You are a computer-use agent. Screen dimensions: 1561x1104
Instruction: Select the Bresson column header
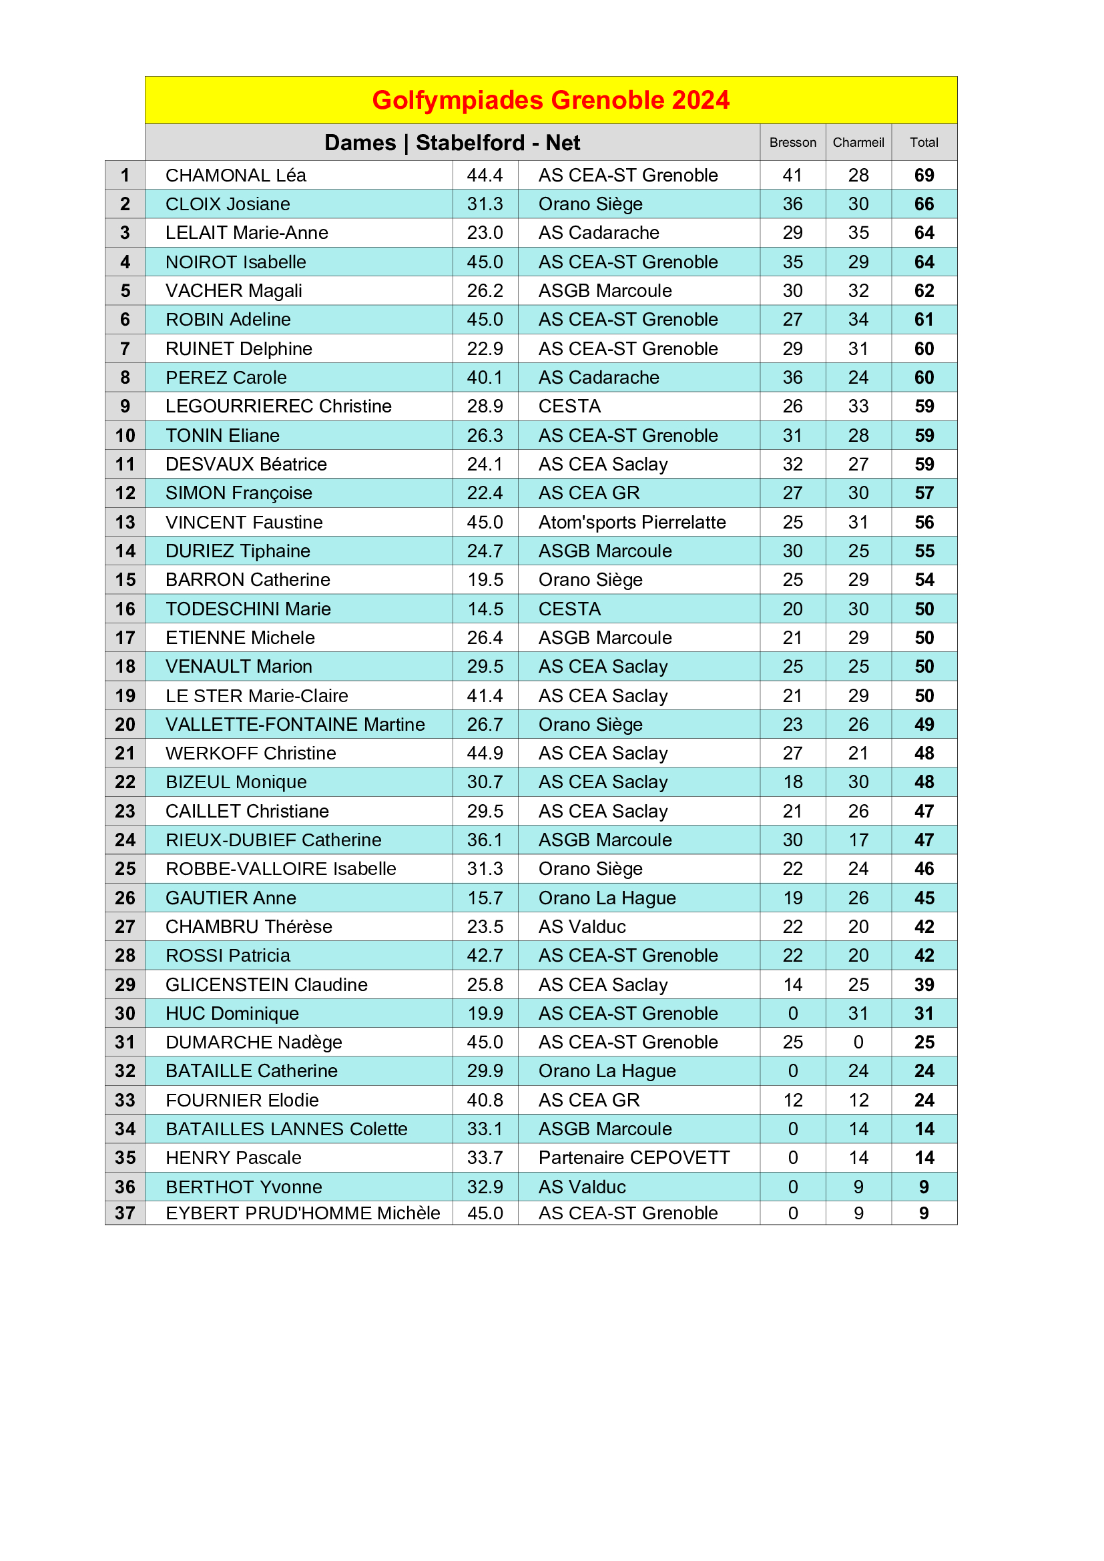792,143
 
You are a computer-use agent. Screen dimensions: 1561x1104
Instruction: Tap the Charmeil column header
858,143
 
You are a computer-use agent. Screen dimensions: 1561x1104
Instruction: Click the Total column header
923,143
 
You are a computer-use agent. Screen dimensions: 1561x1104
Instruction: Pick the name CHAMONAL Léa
235,176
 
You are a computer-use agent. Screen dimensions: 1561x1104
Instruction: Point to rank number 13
125,522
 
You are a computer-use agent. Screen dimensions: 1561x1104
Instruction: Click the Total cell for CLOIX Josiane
923,204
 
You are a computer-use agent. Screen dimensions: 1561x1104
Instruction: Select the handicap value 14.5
485,609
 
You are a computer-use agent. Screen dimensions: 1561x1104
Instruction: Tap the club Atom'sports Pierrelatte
631,522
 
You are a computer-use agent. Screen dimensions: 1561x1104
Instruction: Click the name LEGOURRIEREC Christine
278,406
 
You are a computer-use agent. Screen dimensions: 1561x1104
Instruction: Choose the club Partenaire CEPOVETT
633,1158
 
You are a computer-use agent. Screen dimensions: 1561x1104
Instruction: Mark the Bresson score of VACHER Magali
792,291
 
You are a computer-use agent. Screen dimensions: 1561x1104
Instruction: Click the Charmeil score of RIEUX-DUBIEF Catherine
858,840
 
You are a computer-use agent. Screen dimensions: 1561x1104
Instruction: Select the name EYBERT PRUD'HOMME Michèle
302,1213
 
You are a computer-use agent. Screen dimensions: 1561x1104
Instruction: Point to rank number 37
125,1213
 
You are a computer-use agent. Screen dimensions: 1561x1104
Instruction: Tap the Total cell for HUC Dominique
923,1014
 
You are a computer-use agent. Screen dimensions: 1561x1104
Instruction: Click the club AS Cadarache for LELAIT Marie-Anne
598,233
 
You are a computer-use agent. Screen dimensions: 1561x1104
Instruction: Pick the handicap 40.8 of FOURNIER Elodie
485,1101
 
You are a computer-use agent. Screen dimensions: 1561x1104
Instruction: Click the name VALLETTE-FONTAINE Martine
295,725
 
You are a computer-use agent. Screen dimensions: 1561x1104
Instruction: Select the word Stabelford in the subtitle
470,143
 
